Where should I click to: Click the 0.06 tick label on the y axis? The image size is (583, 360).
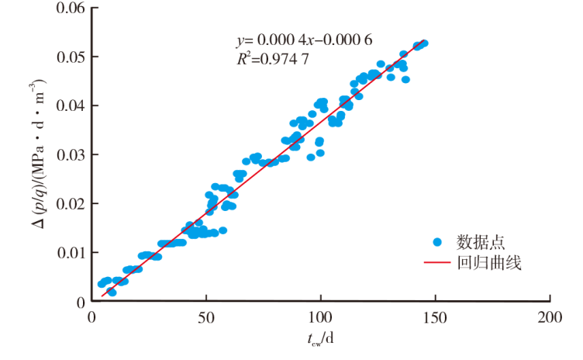pyautogui.click(x=72, y=9)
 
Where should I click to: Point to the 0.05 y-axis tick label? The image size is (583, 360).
pyautogui.click(x=72, y=57)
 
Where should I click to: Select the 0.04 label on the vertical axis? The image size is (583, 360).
pyautogui.click(x=72, y=106)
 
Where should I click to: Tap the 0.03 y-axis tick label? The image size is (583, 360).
pyautogui.click(x=72, y=154)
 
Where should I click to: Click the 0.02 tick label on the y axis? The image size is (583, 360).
pyautogui.click(x=72, y=203)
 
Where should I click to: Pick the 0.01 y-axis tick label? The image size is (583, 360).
pyautogui.click(x=72, y=252)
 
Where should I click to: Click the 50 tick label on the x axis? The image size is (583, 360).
pyautogui.click(x=206, y=317)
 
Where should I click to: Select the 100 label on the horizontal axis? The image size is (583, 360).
pyautogui.click(x=321, y=317)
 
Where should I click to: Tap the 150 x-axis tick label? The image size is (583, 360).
pyautogui.click(x=436, y=317)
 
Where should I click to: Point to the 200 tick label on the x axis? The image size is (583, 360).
pyautogui.click(x=550, y=317)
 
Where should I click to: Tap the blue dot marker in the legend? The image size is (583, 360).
pyautogui.click(x=440, y=242)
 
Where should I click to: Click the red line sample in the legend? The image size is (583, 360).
pyautogui.click(x=440, y=264)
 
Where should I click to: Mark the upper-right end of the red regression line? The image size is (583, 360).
pyautogui.click(x=426, y=42)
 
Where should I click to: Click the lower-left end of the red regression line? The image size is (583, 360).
pyautogui.click(x=102, y=296)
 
